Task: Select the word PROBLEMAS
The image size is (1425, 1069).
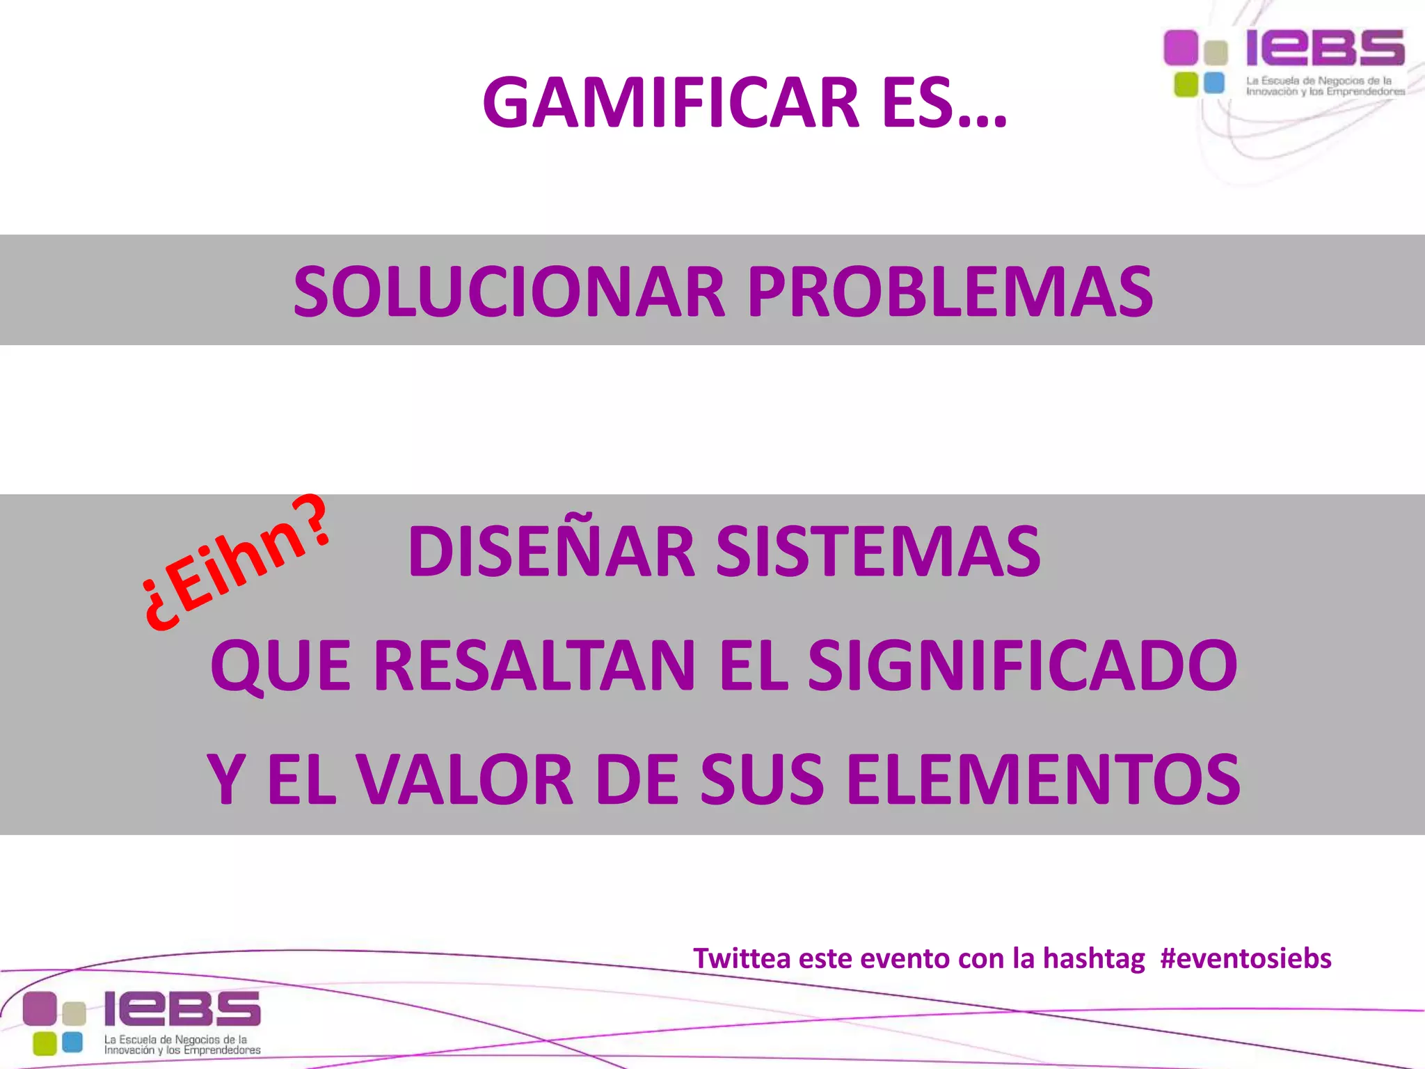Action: click(x=950, y=292)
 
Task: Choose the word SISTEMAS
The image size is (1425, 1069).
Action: click(x=878, y=551)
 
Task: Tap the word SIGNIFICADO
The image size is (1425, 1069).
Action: click(x=1023, y=665)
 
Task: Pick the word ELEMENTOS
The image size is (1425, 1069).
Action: click(x=1044, y=779)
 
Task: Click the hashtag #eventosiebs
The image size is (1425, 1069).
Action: click(x=1245, y=958)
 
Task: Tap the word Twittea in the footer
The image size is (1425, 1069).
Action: click(x=742, y=958)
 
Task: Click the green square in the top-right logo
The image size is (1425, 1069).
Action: click(x=1186, y=84)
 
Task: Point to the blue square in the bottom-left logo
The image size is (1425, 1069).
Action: click(x=72, y=1042)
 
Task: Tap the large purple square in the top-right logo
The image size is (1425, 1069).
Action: click(x=1181, y=47)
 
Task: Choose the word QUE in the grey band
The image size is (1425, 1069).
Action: click(x=280, y=667)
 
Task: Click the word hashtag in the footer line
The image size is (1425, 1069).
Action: click(x=1093, y=958)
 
